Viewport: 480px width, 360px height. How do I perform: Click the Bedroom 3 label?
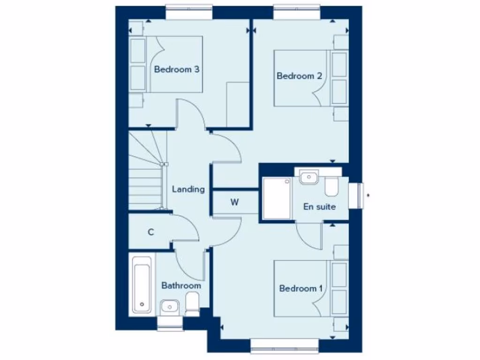pyautogui.click(x=177, y=70)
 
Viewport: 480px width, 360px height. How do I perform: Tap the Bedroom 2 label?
pyautogui.click(x=299, y=76)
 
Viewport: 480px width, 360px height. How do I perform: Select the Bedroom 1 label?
pyautogui.click(x=300, y=288)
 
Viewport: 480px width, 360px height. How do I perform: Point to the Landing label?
pyautogui.click(x=188, y=189)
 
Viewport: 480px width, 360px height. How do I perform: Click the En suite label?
pyautogui.click(x=320, y=206)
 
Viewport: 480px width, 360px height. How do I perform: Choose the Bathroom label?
pyautogui.click(x=181, y=285)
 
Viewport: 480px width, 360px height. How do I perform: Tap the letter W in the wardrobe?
pyautogui.click(x=234, y=202)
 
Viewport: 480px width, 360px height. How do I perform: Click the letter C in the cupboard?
pyautogui.click(x=151, y=232)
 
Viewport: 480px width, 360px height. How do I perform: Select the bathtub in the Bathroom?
pyautogui.click(x=141, y=285)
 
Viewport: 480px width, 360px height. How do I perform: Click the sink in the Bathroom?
pyautogui.click(x=169, y=307)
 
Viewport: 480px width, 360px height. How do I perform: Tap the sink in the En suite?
pyautogui.click(x=308, y=178)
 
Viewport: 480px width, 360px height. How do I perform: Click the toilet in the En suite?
pyautogui.click(x=331, y=187)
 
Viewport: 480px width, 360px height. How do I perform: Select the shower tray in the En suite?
pyautogui.click(x=277, y=198)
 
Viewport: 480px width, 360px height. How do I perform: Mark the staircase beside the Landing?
pyautogui.click(x=146, y=171)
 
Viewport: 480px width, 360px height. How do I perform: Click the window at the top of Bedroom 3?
pyautogui.click(x=189, y=13)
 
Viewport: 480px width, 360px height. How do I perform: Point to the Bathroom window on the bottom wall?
pyautogui.click(x=170, y=323)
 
